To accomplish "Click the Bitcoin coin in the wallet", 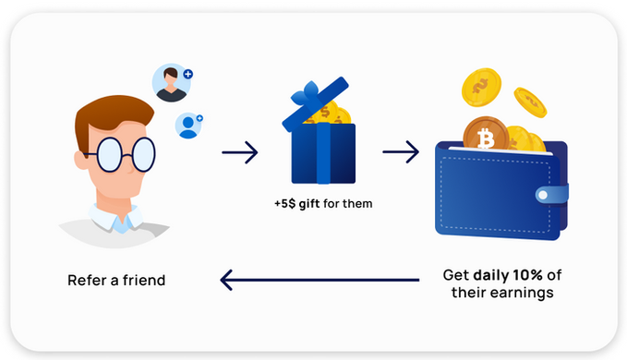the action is [486, 134].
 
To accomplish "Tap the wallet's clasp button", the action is [543, 195].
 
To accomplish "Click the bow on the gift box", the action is [307, 94].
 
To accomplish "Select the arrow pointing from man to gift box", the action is [240, 152].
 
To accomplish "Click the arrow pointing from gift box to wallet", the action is [401, 151].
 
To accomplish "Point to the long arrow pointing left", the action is [320, 280].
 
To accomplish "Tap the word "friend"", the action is [144, 280].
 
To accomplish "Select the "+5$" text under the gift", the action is [284, 204].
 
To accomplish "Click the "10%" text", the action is [528, 275].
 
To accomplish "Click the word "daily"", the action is [491, 275].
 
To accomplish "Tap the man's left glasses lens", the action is [109, 154].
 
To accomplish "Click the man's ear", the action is [80, 159].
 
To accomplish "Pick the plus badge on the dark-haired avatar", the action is [188, 74].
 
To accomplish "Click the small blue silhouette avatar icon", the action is [188, 126].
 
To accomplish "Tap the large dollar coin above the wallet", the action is [481, 87].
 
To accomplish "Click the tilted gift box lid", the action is [316, 104].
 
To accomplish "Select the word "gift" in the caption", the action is [309, 204].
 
